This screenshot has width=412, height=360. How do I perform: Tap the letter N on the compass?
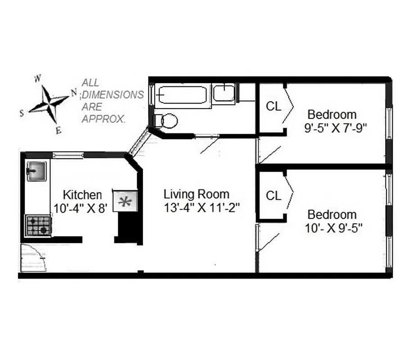tap(73, 93)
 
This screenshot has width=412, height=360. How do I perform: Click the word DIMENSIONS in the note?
tap(112, 95)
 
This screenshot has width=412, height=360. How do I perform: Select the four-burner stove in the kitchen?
tap(38, 225)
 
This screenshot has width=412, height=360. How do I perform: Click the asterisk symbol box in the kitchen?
tap(124, 201)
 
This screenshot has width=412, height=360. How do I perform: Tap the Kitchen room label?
tap(82, 195)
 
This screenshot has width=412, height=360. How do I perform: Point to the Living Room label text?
tap(196, 194)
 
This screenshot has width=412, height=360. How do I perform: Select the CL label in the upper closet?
tap(273, 107)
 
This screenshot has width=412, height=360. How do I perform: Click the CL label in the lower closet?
tap(273, 196)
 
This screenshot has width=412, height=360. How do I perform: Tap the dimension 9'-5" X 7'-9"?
tap(336, 127)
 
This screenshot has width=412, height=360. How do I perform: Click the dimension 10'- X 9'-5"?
tap(333, 228)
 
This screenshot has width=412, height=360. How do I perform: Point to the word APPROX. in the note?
tap(103, 119)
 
